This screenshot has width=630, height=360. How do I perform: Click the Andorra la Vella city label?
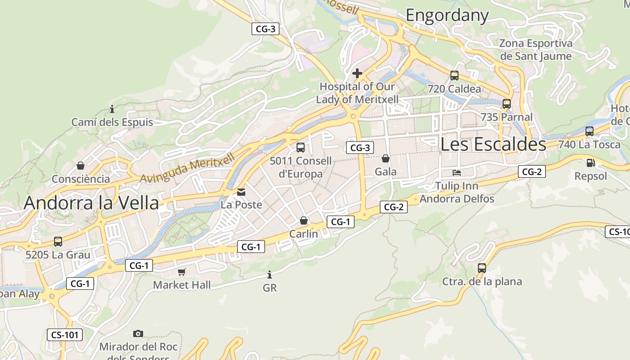[x=91, y=203]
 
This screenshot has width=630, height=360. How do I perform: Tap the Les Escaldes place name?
[x=493, y=144]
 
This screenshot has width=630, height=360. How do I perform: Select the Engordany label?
[x=447, y=16]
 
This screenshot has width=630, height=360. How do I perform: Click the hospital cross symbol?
[x=357, y=73]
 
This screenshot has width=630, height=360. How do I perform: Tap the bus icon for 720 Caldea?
[x=454, y=76]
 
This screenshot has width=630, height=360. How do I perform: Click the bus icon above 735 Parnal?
[x=507, y=104]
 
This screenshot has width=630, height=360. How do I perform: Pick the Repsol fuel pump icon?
[x=590, y=163]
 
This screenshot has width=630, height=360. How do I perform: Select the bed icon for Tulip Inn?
[x=457, y=172]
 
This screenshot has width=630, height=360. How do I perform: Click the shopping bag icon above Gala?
[x=386, y=158]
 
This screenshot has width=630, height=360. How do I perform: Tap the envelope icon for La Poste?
[x=241, y=192]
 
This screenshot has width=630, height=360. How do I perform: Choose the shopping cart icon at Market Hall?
[x=181, y=272]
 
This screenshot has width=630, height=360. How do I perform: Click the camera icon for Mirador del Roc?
[x=138, y=333]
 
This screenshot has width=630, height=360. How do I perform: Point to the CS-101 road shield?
[x=65, y=335]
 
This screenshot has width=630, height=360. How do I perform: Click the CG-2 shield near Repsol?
[x=531, y=171]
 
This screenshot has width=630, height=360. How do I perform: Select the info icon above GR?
[x=270, y=274]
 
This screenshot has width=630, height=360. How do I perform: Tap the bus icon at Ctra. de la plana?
[x=482, y=268]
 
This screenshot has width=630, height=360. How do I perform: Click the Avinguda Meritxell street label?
[x=188, y=168]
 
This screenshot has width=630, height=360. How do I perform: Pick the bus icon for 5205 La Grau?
[x=58, y=242]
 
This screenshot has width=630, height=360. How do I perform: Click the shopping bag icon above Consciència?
[x=81, y=166]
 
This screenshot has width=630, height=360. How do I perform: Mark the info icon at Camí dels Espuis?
[x=112, y=109]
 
